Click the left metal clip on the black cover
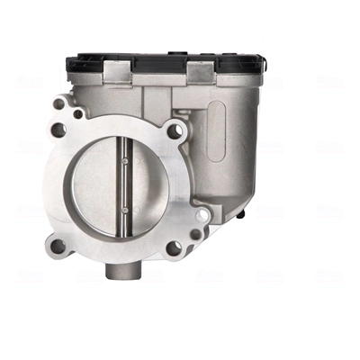tap(118, 68)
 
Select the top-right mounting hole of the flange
tap(175, 130)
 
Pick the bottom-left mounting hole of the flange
tap(58, 245)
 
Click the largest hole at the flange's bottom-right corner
tap(174, 247)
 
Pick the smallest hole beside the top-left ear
tap(77, 114)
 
